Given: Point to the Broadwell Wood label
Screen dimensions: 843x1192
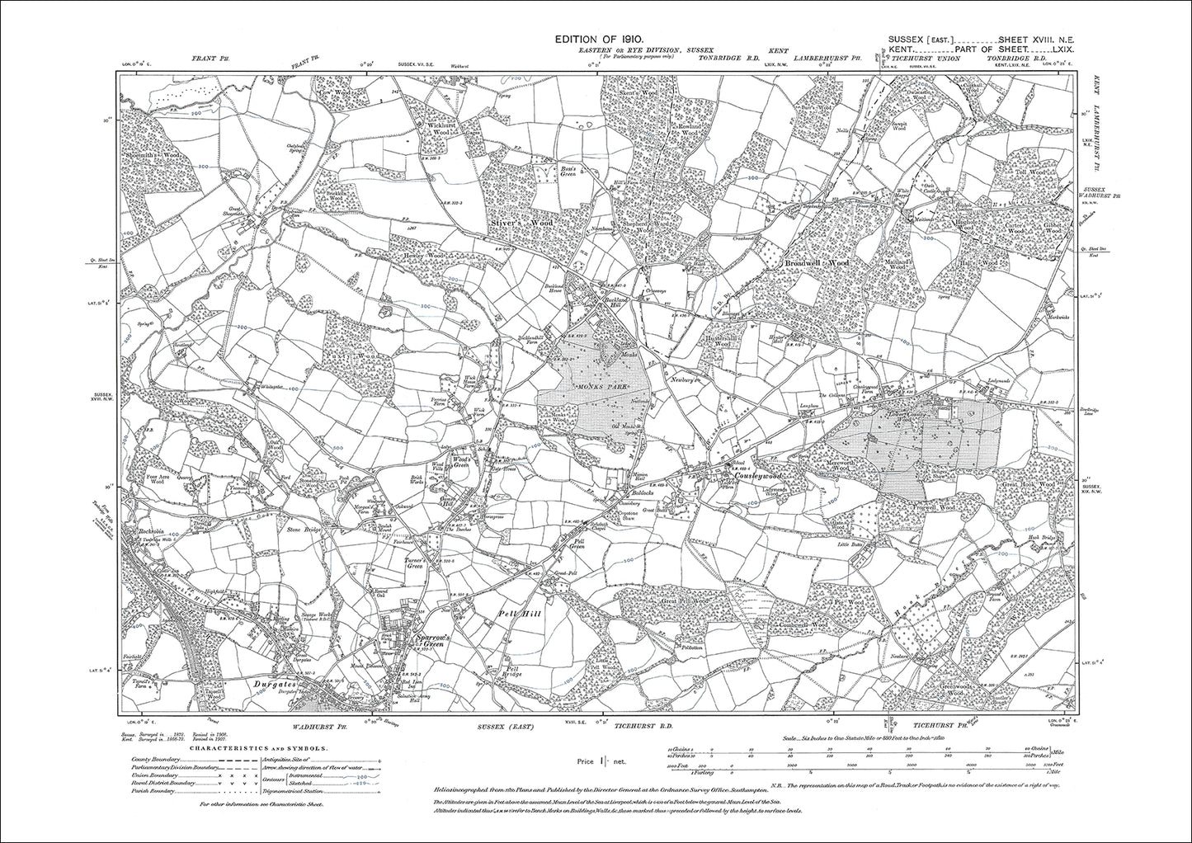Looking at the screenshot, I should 815,263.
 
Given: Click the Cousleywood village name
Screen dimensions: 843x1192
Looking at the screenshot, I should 752,477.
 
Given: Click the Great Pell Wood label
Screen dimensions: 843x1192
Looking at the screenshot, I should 684,603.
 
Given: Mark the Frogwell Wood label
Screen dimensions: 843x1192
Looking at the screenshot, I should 932,509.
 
